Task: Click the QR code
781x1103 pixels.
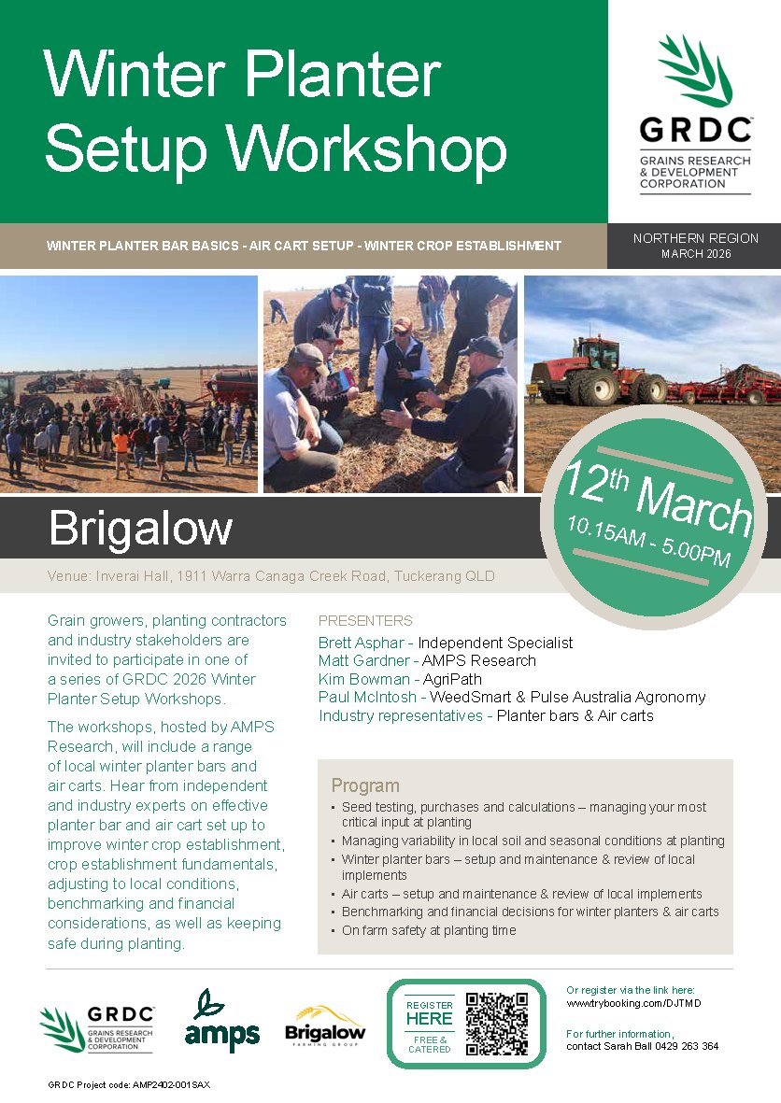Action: tap(497, 1024)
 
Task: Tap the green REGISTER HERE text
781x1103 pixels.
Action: tap(429, 1013)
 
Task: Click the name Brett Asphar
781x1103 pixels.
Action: tap(362, 643)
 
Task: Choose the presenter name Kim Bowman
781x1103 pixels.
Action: tap(363, 679)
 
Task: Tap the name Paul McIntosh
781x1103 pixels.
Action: tap(366, 697)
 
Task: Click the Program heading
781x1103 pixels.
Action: tap(364, 785)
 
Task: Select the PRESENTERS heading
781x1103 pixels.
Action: tap(365, 620)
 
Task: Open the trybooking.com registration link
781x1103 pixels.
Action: tap(633, 1003)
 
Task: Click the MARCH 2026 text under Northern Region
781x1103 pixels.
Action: tap(695, 254)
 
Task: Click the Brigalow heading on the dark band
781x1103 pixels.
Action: tap(140, 528)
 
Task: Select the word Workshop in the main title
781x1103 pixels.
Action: tap(369, 148)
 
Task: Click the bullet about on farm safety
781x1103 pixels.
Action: tap(429, 930)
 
